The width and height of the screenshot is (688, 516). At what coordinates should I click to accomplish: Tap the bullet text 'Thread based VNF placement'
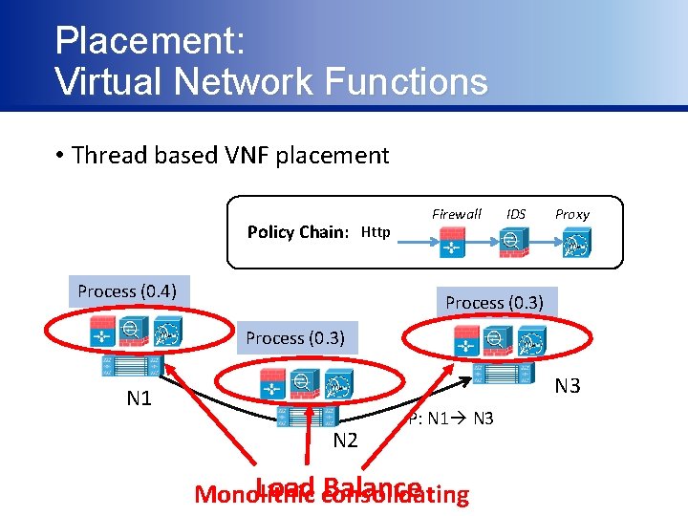[x=229, y=155]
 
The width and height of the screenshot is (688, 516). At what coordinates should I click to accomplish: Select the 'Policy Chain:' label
[x=297, y=232]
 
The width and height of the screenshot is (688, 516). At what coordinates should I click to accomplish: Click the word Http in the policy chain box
[x=376, y=232]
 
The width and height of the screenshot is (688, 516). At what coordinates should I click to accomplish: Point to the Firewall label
[x=457, y=214]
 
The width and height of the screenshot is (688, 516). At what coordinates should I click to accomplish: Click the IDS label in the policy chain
[x=516, y=214]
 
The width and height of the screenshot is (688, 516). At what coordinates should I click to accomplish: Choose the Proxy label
[x=572, y=214]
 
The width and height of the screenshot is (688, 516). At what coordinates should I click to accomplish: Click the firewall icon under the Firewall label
[x=450, y=244]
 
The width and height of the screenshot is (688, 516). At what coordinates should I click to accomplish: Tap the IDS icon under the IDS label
[x=512, y=244]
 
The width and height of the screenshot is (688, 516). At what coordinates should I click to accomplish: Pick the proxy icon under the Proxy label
[x=574, y=245]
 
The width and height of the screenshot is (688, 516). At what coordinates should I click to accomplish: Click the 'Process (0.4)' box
[x=127, y=290]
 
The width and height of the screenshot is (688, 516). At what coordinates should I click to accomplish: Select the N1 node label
[x=140, y=398]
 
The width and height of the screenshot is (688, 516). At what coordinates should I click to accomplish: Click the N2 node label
[x=345, y=440]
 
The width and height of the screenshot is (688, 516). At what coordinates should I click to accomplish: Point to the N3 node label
[x=568, y=386]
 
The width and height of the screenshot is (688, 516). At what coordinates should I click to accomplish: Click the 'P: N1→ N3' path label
[x=450, y=418]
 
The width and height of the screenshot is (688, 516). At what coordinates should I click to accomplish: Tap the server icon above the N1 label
[x=133, y=365]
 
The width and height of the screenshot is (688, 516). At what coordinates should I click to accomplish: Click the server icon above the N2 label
[x=306, y=416]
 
